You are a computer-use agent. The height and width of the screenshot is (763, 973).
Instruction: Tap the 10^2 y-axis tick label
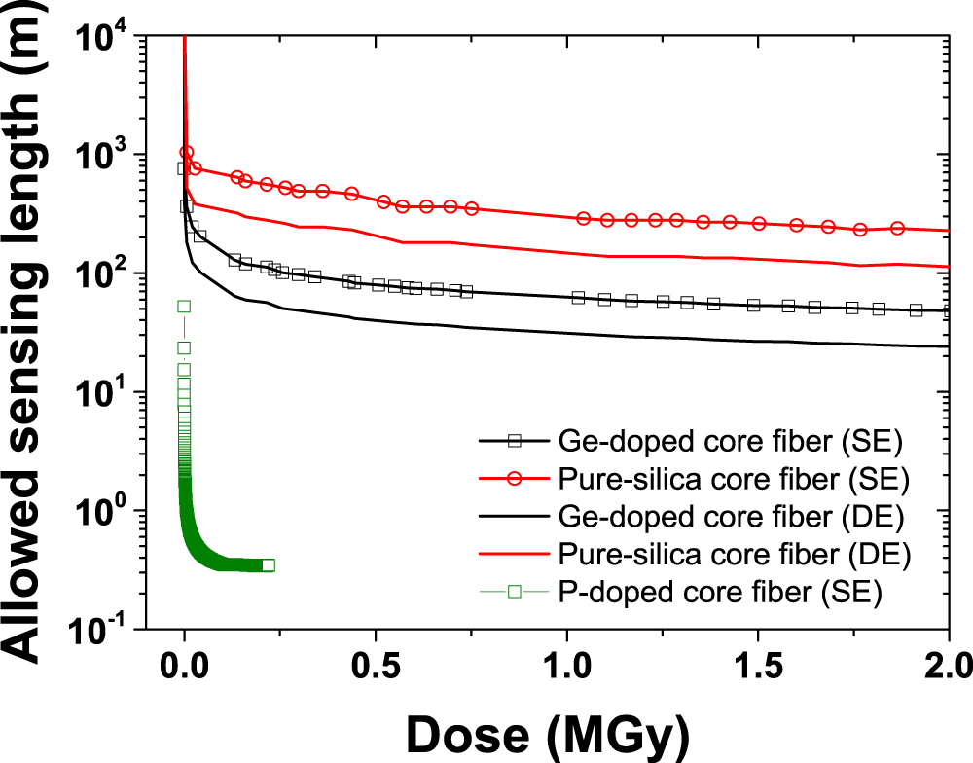[x=101, y=274]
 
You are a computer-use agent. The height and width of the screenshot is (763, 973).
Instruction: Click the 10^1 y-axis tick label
[x=101, y=393]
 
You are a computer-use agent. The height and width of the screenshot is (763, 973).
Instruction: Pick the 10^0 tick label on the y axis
[x=101, y=512]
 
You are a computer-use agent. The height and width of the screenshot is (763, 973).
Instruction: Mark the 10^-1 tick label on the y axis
[x=99, y=631]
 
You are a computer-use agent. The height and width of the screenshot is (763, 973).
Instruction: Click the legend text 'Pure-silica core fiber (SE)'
[x=735, y=479]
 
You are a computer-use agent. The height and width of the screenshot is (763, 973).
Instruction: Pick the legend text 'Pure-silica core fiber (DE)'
[x=735, y=555]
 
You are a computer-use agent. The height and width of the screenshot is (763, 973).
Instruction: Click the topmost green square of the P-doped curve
[x=183, y=307]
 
